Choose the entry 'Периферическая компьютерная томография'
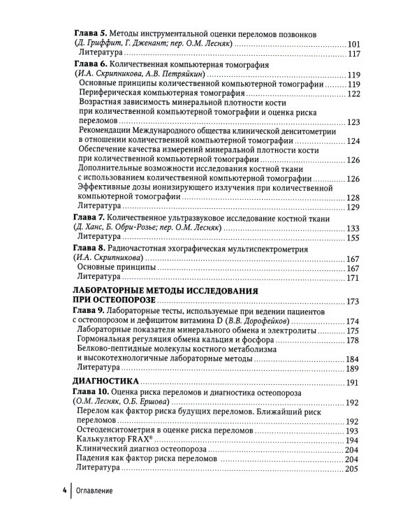coord(163,94)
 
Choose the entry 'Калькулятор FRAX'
coord(119,439)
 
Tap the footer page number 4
coord(62,490)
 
